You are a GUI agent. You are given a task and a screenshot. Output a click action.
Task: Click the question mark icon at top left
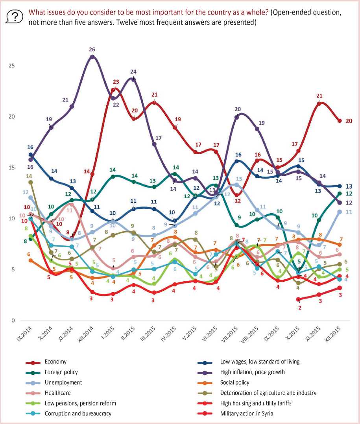15,17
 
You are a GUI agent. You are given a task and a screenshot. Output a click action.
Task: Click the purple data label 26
92,50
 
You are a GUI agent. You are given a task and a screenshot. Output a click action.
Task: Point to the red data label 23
116,82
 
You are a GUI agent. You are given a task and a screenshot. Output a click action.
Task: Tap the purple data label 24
133,72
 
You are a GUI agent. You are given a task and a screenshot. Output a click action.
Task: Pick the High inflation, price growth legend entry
252,372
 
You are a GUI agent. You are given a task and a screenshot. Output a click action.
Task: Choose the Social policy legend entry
235,382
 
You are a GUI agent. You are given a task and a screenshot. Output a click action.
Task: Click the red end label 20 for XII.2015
349,121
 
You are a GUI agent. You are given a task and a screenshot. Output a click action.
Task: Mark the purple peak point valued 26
92,57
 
